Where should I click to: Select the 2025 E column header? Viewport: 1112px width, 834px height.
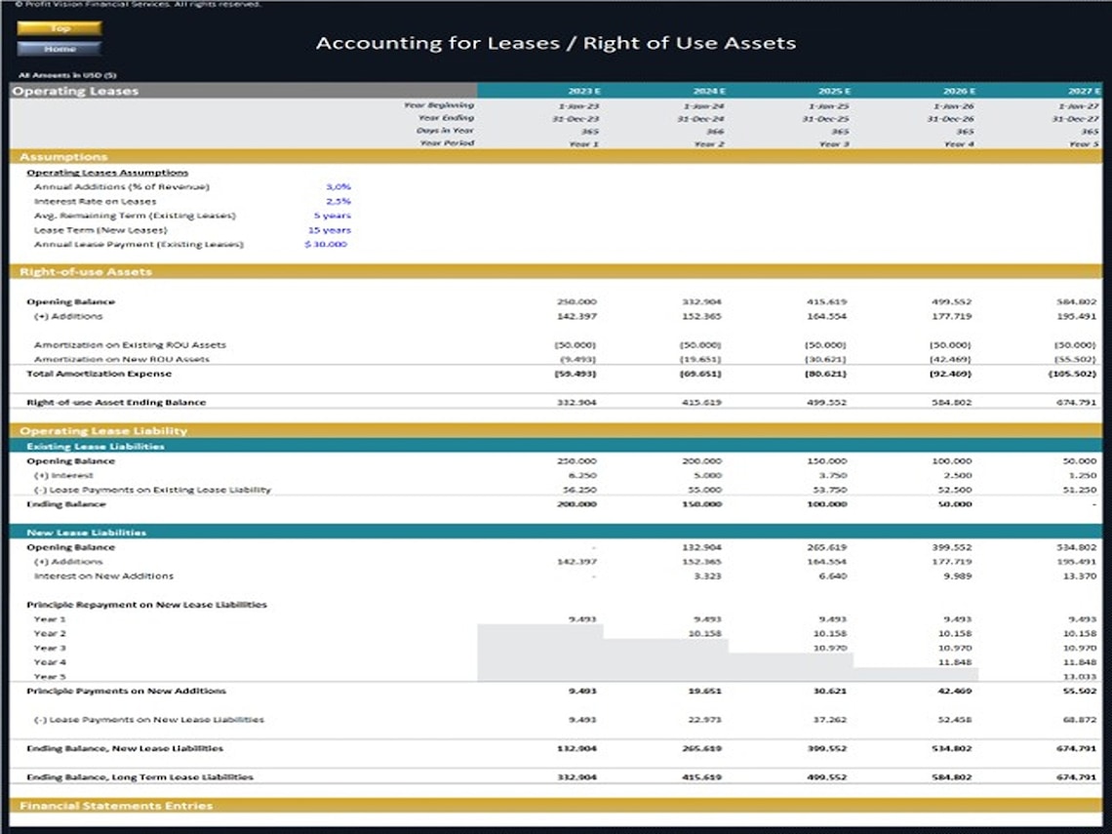tap(834, 91)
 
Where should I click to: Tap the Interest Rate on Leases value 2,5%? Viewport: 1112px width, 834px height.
tap(338, 201)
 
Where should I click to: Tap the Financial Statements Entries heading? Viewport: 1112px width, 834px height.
tap(116, 806)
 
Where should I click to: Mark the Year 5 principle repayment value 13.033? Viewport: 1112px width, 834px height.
tap(1081, 676)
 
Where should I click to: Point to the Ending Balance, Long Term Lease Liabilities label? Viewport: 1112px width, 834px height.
tap(139, 777)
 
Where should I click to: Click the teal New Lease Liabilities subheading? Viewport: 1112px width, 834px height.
tap(86, 533)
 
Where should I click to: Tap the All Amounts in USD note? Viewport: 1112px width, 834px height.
tap(67, 75)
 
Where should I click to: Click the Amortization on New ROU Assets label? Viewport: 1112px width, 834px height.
tap(121, 359)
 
